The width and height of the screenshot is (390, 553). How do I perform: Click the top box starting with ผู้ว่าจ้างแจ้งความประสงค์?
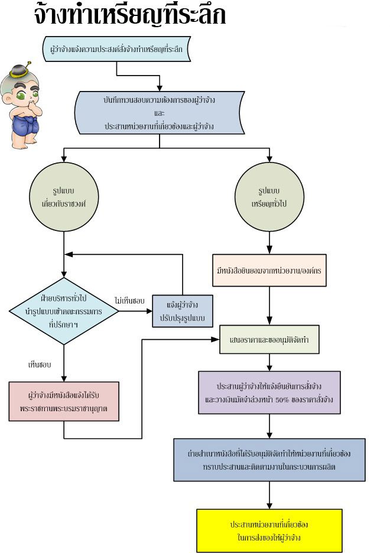pyautogui.click(x=117, y=49)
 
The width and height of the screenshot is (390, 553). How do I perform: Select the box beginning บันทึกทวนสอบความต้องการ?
pyautogui.click(x=160, y=113)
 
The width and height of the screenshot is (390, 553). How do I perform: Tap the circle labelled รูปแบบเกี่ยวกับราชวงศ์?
pyautogui.click(x=64, y=197)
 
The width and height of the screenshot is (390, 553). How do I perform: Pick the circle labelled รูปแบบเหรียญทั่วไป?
pyautogui.click(x=269, y=197)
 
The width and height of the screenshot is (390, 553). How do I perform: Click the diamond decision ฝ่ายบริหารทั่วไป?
pyautogui.click(x=64, y=311)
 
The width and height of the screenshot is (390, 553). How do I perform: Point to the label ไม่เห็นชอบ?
pyautogui.click(x=129, y=301)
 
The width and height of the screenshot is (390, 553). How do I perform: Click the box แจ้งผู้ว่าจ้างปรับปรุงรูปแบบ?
pyautogui.click(x=183, y=311)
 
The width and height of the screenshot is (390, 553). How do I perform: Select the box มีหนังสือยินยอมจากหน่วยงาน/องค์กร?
pyautogui.click(x=269, y=270)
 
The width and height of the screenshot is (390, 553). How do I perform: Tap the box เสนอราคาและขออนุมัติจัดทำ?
pyautogui.click(x=269, y=340)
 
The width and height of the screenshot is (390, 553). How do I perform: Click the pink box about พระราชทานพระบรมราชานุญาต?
pyautogui.click(x=64, y=401)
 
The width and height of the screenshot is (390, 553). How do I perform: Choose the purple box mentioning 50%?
pyautogui.click(x=269, y=392)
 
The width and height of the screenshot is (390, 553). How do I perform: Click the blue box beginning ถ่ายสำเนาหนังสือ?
pyautogui.click(x=269, y=460)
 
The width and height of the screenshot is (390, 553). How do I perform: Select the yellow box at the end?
pyautogui.click(x=269, y=531)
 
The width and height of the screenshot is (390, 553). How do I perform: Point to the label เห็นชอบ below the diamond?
pyautogui.click(x=40, y=365)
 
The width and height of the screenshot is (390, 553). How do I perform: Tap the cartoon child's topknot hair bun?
pyautogui.click(x=19, y=71)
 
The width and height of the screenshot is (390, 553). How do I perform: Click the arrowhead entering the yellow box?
pyautogui.click(x=269, y=506)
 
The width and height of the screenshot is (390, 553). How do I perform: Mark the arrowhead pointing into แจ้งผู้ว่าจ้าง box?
pyautogui.click(x=149, y=311)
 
